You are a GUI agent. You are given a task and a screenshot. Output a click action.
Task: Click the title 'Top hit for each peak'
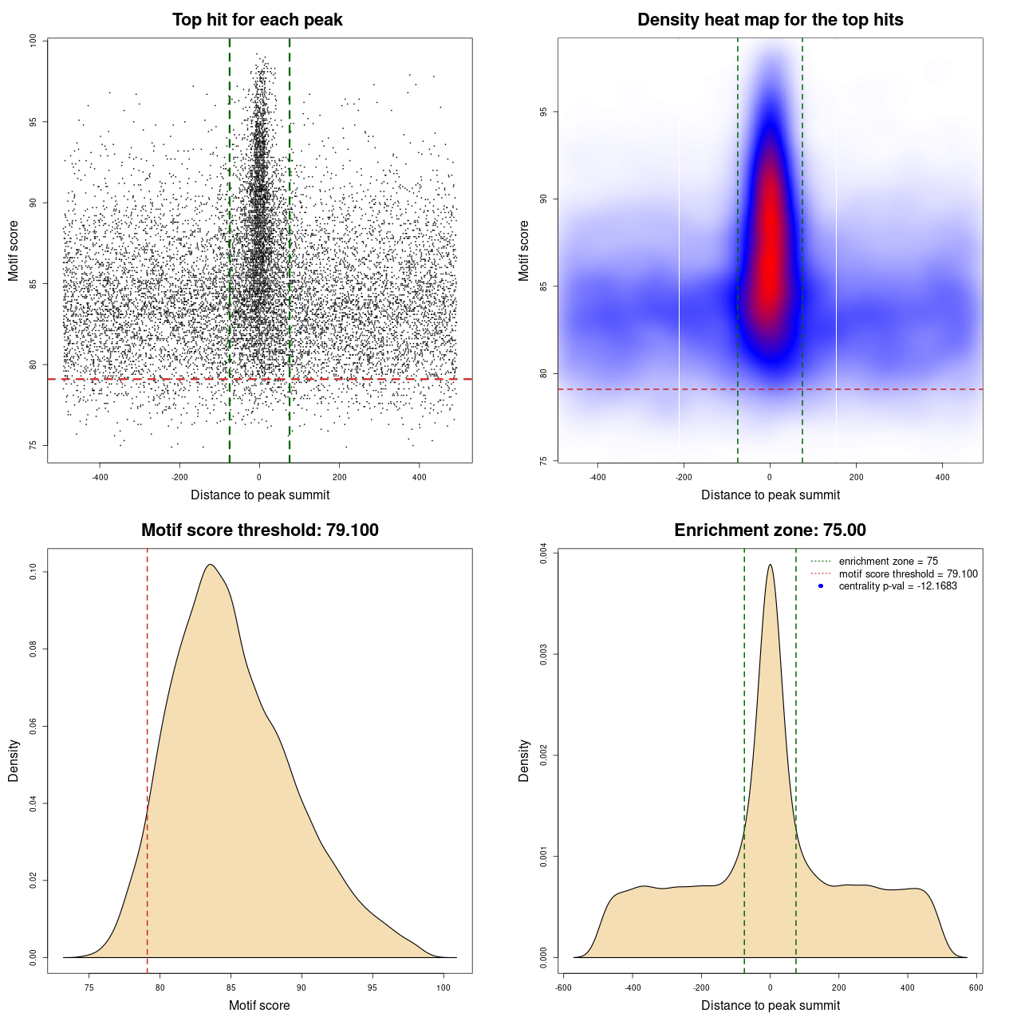[x=257, y=20]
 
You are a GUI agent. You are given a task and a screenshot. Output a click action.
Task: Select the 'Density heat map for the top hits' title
[x=770, y=20]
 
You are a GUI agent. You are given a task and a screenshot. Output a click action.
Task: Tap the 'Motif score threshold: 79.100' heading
[x=259, y=530]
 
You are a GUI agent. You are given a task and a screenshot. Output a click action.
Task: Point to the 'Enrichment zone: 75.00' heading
[x=770, y=530]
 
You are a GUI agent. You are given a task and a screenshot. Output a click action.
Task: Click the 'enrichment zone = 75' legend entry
[x=888, y=562]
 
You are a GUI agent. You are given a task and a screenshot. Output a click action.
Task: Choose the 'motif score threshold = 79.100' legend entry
[x=908, y=574]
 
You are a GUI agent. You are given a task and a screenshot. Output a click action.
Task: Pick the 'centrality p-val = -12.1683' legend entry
[x=897, y=586]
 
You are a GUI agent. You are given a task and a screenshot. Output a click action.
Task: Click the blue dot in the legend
[x=821, y=586]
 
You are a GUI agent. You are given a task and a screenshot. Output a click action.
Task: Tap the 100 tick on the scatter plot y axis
[x=33, y=41]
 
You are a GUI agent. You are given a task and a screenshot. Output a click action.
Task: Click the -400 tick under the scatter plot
[x=100, y=477]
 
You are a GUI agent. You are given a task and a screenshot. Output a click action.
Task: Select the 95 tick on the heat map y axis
[x=543, y=112]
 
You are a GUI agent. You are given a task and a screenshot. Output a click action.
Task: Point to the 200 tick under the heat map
[x=856, y=477]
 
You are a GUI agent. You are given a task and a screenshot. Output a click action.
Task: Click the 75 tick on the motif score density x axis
[x=89, y=987]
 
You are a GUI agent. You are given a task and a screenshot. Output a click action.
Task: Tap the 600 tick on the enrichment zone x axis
[x=976, y=987]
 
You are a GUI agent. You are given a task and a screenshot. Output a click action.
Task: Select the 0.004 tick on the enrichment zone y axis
[x=543, y=553]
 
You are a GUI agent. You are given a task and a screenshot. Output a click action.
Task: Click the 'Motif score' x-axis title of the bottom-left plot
[x=259, y=1005]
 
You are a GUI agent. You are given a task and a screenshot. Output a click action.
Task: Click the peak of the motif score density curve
[x=210, y=565]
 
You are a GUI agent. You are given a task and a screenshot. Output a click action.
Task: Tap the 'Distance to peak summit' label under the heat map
[x=770, y=495]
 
